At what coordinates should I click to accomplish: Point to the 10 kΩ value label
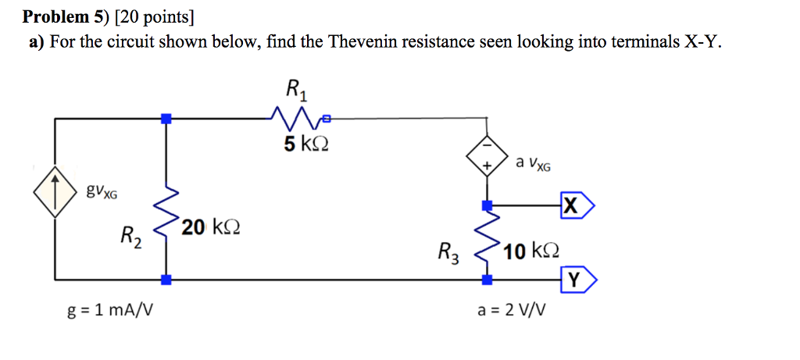(x=531, y=251)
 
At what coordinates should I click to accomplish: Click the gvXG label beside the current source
(x=102, y=191)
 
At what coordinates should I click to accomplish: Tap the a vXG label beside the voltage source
(x=534, y=163)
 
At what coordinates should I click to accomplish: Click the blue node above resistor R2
(x=166, y=119)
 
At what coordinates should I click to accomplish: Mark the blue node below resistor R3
(x=487, y=279)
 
